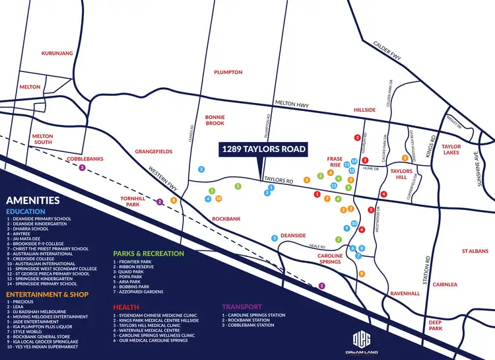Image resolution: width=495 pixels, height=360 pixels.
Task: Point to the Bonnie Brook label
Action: click(x=215, y=119)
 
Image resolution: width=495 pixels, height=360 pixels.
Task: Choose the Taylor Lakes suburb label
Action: click(x=451, y=149)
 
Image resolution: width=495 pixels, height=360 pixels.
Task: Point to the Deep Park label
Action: click(x=436, y=325)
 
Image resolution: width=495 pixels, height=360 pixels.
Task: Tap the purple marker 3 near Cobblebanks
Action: click(x=82, y=168)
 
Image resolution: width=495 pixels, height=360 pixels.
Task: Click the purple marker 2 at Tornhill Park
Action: click(x=159, y=202)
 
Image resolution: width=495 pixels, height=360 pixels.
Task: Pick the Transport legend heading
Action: click(x=242, y=306)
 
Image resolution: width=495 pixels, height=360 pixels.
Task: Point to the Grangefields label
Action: click(x=154, y=151)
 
